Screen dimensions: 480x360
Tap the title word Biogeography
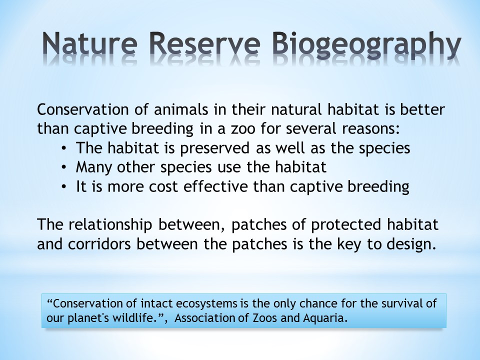(366, 45)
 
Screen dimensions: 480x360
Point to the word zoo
(243, 129)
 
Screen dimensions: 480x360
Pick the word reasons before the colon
(370, 129)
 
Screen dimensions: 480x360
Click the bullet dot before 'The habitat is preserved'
(63, 148)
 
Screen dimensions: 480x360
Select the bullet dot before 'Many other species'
(63, 168)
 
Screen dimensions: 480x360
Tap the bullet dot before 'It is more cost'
(63, 187)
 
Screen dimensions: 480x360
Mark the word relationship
(110, 224)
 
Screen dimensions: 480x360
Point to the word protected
(346, 224)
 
